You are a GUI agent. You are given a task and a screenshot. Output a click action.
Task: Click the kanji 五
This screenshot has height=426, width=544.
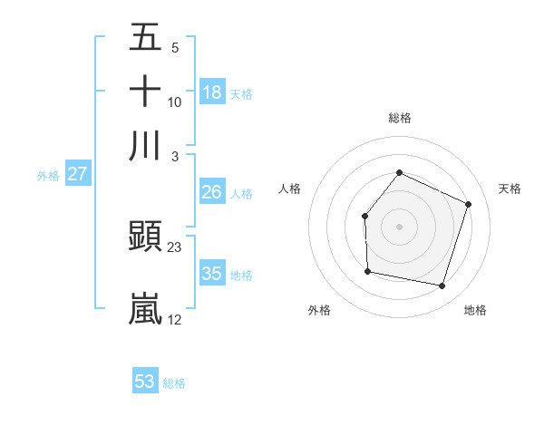point(145,37)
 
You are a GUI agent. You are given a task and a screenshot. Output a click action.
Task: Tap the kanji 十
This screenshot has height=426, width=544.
point(145,92)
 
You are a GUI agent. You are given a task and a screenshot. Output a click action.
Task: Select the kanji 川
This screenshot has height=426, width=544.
point(145,146)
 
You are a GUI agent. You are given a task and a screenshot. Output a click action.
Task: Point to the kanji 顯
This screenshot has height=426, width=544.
point(145,237)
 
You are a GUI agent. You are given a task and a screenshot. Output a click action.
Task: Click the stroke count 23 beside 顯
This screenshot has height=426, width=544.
point(175,247)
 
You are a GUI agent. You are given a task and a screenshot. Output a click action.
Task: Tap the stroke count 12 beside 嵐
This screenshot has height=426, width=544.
point(175,319)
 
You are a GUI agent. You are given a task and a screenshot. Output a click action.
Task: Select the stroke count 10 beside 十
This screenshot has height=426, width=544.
point(175,102)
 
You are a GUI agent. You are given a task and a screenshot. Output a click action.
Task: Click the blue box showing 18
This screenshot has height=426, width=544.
point(212,92)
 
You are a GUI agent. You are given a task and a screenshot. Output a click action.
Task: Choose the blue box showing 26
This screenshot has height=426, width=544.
point(212,192)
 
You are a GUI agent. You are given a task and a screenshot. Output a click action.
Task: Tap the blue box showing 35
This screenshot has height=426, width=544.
point(212,274)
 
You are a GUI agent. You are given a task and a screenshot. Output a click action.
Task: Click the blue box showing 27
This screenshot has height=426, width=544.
point(77,174)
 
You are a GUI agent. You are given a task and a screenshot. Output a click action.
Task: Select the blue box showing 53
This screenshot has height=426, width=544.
point(145,382)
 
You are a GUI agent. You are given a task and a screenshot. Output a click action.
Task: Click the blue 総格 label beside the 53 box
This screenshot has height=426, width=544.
point(174,383)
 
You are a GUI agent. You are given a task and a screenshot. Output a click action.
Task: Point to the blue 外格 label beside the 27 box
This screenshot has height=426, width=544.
point(48,176)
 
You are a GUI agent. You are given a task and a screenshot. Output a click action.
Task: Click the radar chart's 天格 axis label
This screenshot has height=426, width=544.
point(510,189)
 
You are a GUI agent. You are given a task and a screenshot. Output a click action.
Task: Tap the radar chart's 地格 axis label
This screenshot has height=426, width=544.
point(475,310)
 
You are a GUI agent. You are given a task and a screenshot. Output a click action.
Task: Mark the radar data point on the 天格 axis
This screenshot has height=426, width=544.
point(469,204)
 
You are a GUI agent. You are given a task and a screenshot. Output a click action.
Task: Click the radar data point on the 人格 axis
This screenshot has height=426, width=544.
point(364,216)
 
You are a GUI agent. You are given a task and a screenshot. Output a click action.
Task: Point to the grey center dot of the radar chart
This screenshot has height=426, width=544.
point(399,227)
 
